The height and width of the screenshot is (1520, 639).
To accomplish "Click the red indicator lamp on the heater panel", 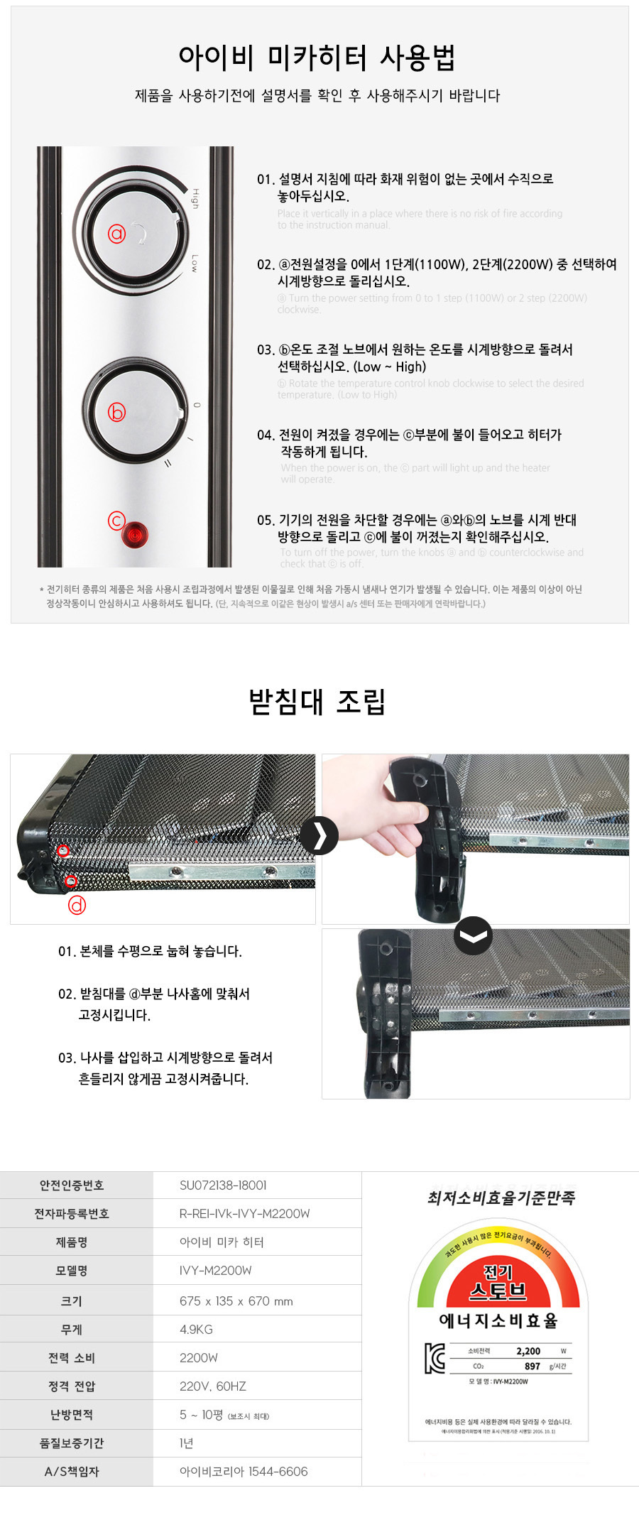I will click(134, 533).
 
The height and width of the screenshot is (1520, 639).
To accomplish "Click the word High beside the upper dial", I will click(195, 198).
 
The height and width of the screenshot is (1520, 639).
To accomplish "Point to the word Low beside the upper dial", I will click(195, 264).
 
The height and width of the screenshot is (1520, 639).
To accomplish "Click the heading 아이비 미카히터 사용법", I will click(317, 57).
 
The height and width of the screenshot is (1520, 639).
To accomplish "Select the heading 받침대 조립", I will click(317, 701).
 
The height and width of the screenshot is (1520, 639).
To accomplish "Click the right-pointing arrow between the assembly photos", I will click(319, 835).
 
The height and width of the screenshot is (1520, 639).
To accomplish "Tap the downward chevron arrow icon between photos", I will click(473, 935).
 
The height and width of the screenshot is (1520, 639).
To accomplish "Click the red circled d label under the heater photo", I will click(77, 905).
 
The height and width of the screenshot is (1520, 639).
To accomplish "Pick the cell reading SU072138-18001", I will click(223, 1185).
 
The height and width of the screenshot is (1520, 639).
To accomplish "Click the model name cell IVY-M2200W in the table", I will click(215, 1270).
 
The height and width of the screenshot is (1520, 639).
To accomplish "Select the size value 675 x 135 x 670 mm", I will click(236, 1301).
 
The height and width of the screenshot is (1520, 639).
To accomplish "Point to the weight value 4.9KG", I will click(196, 1329).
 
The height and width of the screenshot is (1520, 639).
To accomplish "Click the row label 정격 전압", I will click(72, 1386).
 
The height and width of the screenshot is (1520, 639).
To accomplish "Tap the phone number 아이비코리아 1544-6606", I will click(244, 1471).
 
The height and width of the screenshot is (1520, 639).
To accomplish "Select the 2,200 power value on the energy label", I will click(528, 1351).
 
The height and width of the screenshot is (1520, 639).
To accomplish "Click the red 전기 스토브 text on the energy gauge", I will click(498, 1282).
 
